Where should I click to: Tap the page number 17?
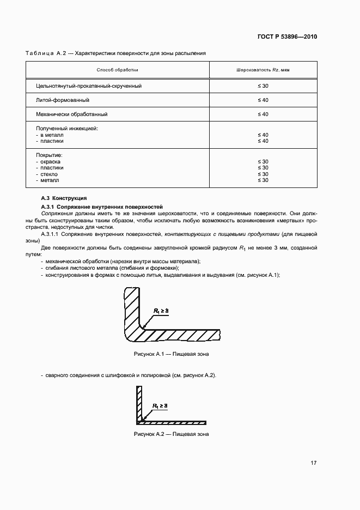314,463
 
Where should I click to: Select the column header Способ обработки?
117,70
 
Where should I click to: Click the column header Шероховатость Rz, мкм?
263,70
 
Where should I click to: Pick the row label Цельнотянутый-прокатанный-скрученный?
89,86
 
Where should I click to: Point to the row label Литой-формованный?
63,100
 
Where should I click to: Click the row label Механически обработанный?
71,114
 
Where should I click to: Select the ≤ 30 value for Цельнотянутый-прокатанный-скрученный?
263,86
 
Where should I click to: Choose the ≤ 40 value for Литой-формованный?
263,100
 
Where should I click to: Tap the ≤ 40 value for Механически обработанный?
263,114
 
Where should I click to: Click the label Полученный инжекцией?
66,128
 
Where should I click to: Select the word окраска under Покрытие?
50,162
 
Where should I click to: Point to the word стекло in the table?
49,174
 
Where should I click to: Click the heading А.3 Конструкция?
64,198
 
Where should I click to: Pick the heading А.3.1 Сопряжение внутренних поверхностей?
102,207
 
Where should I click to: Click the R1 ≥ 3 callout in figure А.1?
162,310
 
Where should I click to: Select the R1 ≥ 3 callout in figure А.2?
160,406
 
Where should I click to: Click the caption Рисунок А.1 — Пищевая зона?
171,354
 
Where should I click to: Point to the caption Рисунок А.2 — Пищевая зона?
171,434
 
